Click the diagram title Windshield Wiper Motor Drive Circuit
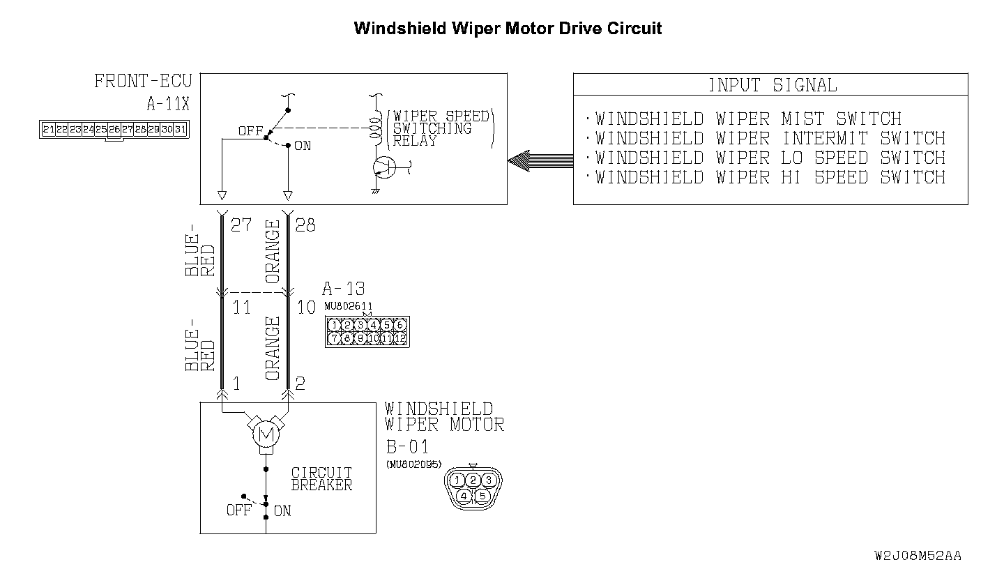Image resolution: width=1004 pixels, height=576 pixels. tap(508, 29)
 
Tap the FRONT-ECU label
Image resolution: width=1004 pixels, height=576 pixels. tap(143, 82)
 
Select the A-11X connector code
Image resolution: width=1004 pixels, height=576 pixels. tap(167, 105)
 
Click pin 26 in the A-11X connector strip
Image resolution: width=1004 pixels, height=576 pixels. tap(114, 130)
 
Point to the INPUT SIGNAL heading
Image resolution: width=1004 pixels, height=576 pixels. tap(772, 85)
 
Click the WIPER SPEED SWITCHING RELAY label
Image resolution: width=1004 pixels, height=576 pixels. tap(441, 128)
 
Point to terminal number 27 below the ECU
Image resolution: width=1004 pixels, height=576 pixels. tap(241, 225)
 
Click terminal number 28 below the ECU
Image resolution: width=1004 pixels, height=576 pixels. tap(305, 225)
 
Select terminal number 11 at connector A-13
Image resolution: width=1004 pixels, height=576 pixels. tap(241, 307)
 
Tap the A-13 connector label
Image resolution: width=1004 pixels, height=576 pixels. tap(343, 289)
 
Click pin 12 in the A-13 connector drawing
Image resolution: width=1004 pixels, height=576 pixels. tap(400, 338)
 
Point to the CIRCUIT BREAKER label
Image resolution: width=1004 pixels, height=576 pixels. tap(321, 479)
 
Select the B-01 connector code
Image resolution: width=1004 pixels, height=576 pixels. tap(408, 446)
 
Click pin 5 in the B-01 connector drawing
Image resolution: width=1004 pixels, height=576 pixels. tap(482, 497)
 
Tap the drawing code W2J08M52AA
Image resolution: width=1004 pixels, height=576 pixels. tap(918, 556)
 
